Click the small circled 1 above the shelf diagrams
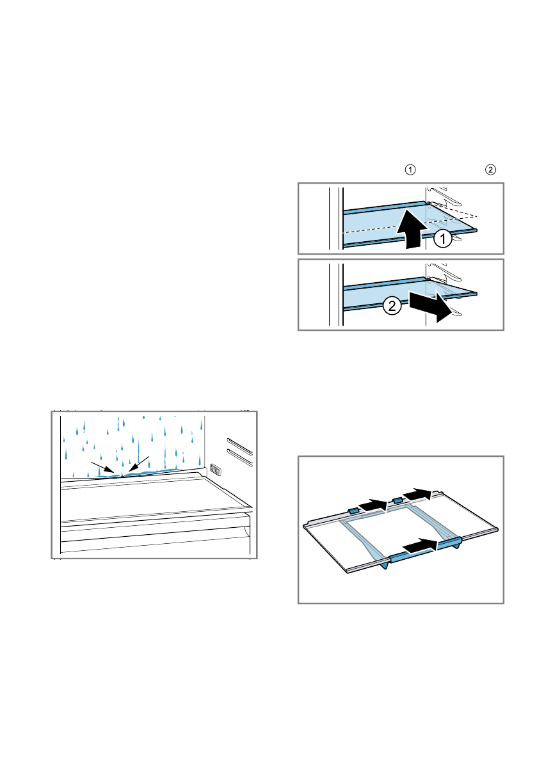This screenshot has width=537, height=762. click(410, 170)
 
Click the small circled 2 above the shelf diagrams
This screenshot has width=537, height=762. click(490, 170)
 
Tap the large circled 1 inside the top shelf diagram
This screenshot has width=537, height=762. click(442, 239)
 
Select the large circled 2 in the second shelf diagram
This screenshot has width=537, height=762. click(392, 307)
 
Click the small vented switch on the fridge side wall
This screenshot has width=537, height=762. click(214, 470)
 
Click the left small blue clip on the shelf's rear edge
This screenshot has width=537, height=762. click(353, 511)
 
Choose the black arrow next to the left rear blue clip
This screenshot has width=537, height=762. click(373, 505)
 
